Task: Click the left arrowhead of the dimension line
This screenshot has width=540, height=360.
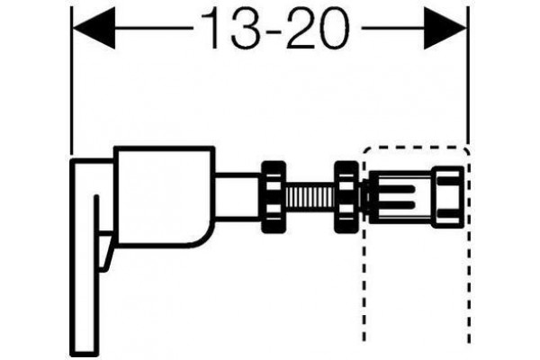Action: [x=93, y=28]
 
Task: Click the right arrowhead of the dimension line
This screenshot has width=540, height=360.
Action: [x=445, y=28]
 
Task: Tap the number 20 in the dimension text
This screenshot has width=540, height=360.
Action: [x=317, y=29]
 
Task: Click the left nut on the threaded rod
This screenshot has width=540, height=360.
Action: [x=274, y=197]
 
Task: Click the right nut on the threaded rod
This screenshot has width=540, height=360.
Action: [x=346, y=197]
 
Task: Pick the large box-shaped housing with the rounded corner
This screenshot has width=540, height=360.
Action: [x=165, y=197]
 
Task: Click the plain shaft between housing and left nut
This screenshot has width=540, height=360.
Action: [x=238, y=198]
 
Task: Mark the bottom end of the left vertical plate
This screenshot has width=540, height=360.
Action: [x=84, y=356]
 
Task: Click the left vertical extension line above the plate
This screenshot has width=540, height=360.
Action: [x=71, y=81]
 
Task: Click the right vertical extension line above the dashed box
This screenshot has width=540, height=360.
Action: [x=468, y=75]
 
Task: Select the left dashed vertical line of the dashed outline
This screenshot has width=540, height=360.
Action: [x=364, y=262]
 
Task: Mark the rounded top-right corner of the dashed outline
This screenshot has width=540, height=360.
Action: [x=466, y=150]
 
